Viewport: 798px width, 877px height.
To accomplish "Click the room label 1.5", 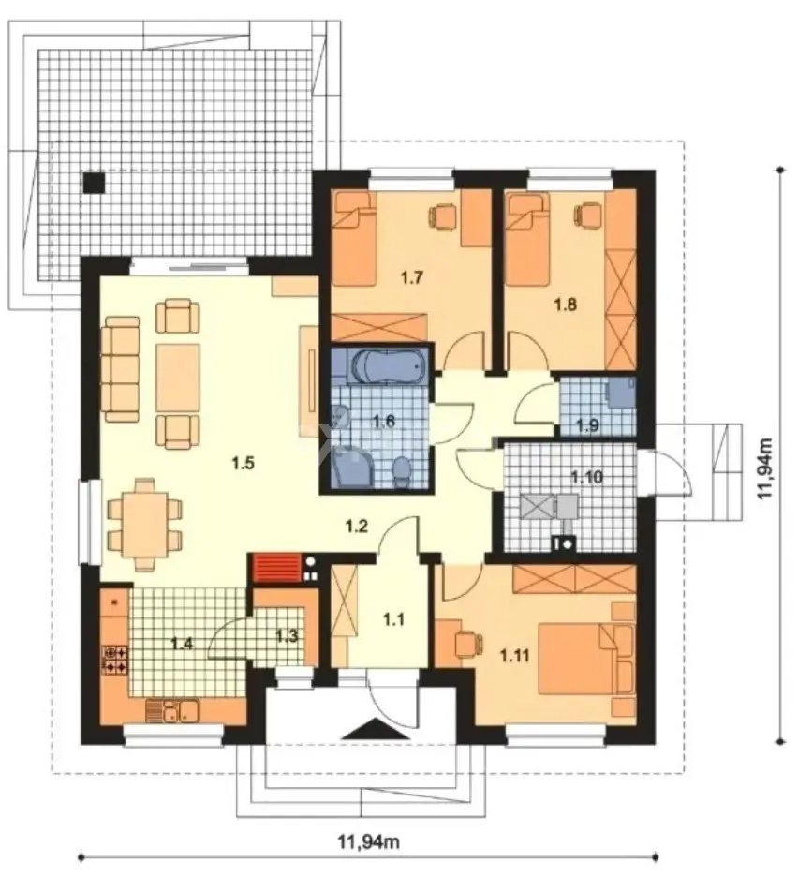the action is pos(243,463).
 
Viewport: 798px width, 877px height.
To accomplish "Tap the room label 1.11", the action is pos(514,655).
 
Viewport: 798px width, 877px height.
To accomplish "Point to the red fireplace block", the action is pos(277,567).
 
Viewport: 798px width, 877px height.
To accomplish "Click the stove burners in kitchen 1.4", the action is pos(114,659).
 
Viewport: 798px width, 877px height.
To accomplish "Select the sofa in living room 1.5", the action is pos(120,368).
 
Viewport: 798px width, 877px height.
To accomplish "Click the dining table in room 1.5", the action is pos(145,524).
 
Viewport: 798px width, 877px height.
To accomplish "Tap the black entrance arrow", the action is pos(367,729).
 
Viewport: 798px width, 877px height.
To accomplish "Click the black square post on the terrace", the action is pos(94,183).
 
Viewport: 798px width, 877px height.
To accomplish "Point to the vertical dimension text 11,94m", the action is pos(765,467).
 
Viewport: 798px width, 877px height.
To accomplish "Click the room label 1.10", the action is pos(586,477).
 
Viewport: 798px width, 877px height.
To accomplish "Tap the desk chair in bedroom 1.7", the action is pos(442,216).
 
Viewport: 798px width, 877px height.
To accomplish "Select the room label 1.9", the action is pos(586,425).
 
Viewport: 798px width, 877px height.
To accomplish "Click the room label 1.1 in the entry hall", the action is pos(393,619).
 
